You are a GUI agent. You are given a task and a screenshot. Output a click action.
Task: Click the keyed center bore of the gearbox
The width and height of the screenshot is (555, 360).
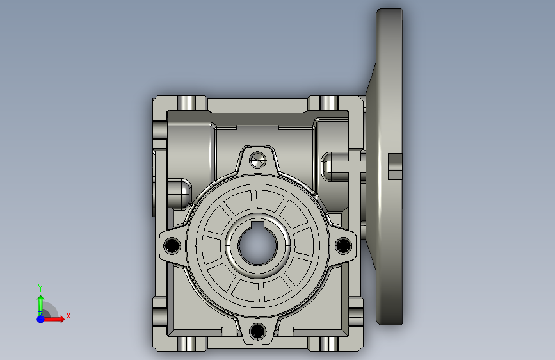tap(257, 246)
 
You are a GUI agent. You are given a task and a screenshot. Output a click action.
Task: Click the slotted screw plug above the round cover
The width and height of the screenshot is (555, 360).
tap(258, 160)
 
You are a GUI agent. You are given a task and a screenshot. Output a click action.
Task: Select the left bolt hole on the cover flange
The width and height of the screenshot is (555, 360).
tap(172, 245)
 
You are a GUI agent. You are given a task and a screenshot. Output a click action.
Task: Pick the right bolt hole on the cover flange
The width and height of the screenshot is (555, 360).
tap(343, 245)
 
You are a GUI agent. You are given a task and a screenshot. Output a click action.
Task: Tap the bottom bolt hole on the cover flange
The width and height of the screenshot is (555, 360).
tap(258, 331)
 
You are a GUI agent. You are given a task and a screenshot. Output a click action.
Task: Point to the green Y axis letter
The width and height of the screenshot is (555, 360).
tap(40, 288)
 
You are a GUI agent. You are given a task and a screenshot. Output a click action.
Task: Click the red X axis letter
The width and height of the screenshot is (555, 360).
tap(68, 316)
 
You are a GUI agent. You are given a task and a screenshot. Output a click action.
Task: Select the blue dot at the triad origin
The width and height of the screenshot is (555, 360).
tap(41, 319)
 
